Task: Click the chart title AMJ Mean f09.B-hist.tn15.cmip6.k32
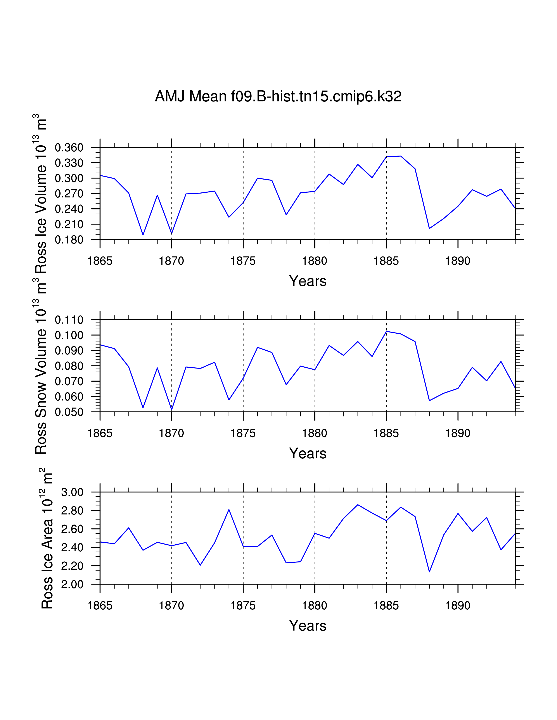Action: pyautogui.click(x=278, y=96)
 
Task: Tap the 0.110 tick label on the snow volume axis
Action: pyautogui.click(x=69, y=320)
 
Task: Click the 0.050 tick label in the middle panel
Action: pyautogui.click(x=69, y=412)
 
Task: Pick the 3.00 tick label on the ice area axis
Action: pyautogui.click(x=72, y=492)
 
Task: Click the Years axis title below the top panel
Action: pyautogui.click(x=308, y=281)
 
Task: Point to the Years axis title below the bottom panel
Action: pyautogui.click(x=308, y=626)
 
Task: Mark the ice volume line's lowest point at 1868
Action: pyautogui.click(x=143, y=235)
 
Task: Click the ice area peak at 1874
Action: pyautogui.click(x=229, y=510)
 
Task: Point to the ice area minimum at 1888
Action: pyautogui.click(x=429, y=572)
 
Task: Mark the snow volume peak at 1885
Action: pyautogui.click(x=386, y=331)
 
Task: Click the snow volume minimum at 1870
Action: pyautogui.click(x=172, y=410)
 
